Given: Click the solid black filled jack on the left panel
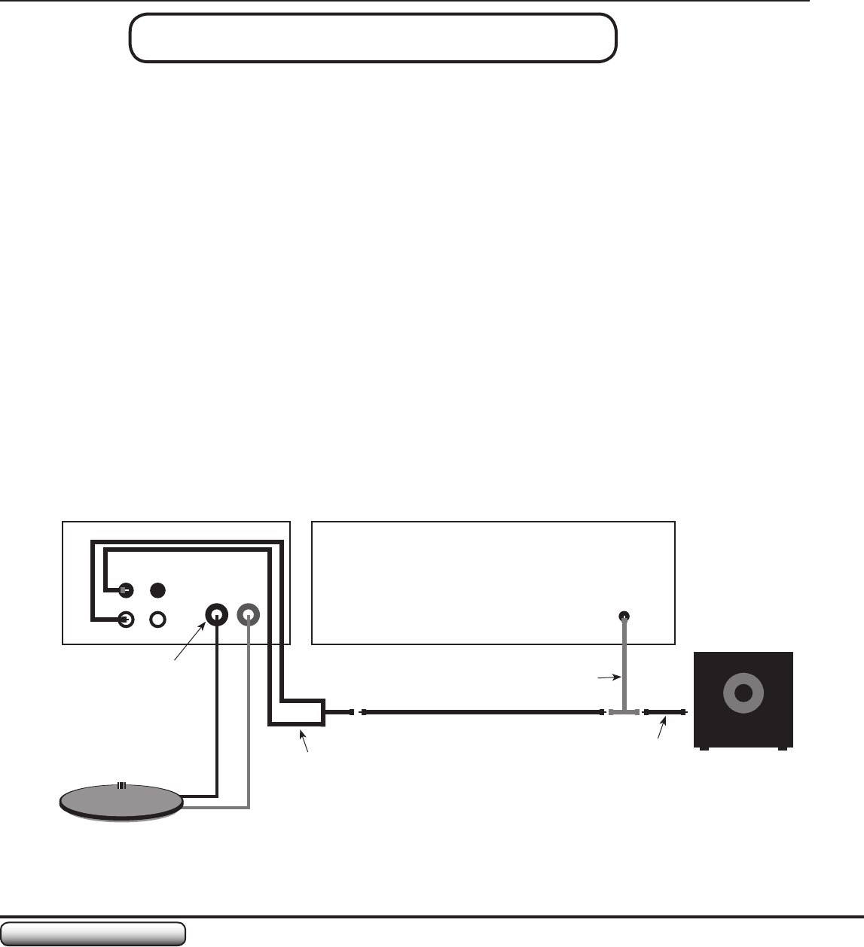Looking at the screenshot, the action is pyautogui.click(x=157, y=589).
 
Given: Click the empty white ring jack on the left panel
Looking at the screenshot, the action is pyautogui.click(x=157, y=619).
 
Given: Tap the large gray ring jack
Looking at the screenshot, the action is pyautogui.click(x=249, y=616).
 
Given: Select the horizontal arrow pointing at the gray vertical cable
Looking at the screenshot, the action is pyautogui.click(x=606, y=678).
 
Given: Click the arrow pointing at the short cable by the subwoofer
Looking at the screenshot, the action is pyautogui.click(x=662, y=729).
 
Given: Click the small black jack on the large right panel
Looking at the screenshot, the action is pyautogui.click(x=624, y=617).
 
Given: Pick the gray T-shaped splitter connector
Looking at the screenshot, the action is pyautogui.click(x=624, y=711).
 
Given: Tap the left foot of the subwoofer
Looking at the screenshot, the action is pyautogui.click(x=704, y=749).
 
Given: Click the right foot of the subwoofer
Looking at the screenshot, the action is pyautogui.click(x=782, y=749).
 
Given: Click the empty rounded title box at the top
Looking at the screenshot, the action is pyautogui.click(x=373, y=37).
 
